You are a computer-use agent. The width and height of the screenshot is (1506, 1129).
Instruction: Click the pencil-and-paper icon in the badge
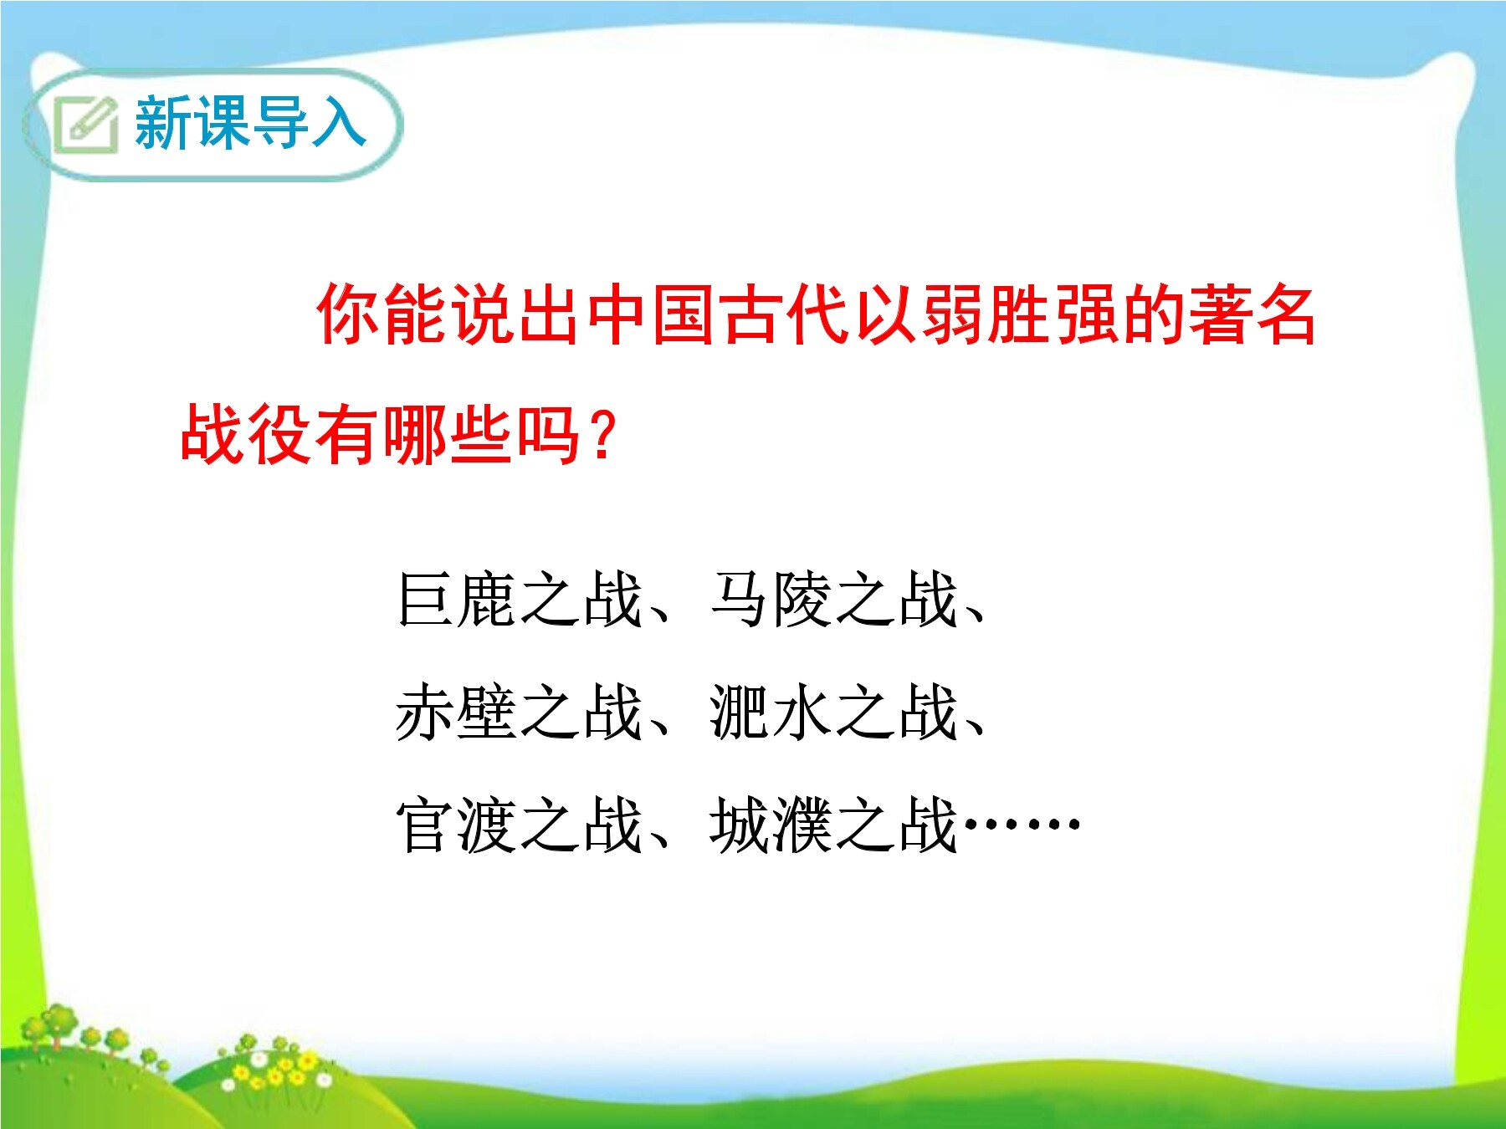(x=85, y=125)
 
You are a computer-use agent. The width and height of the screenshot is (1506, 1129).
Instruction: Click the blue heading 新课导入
(x=250, y=123)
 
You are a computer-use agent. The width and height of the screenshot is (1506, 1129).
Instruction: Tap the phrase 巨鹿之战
(x=520, y=599)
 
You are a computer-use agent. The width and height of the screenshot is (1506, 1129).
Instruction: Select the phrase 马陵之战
(x=833, y=599)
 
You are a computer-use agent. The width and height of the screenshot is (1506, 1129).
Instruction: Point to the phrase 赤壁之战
(x=520, y=712)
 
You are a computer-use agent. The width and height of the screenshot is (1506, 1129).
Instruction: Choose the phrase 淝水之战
(x=833, y=712)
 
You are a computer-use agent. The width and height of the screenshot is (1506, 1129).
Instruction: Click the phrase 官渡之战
(x=520, y=825)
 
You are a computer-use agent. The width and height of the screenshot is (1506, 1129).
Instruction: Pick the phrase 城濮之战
(x=833, y=825)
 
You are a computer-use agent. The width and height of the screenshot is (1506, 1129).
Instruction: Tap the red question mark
(x=602, y=435)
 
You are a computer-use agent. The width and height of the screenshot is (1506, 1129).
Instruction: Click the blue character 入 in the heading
(x=339, y=123)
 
